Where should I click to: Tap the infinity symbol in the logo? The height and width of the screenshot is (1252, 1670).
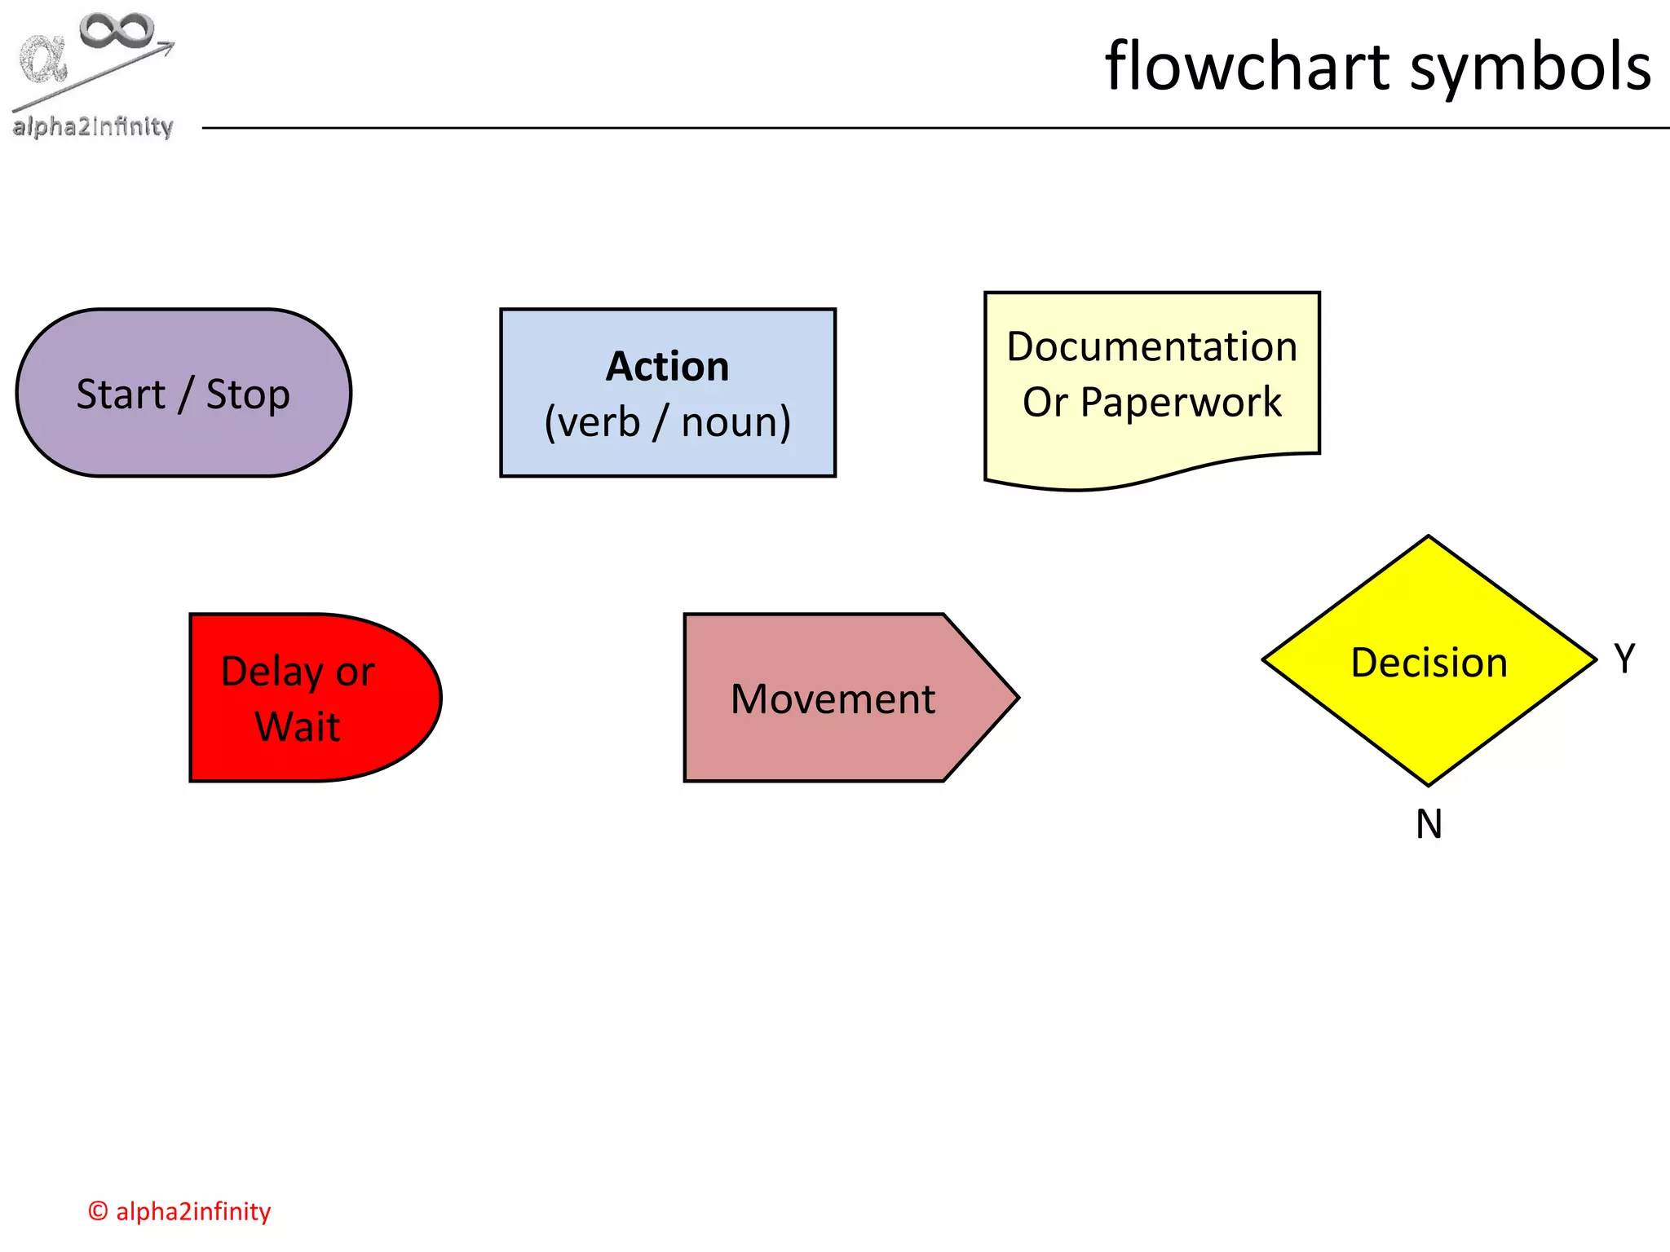(116, 31)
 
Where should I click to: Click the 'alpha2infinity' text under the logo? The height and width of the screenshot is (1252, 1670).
(93, 127)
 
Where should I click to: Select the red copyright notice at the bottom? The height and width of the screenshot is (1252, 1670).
(179, 1211)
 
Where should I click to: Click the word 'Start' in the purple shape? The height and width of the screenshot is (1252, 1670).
(121, 395)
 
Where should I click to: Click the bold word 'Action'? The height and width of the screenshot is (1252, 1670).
(667, 367)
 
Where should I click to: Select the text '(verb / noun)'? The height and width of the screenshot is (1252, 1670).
(667, 422)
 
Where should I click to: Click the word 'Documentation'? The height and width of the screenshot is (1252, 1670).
(1151, 347)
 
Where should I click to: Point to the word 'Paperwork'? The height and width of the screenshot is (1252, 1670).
(1181, 403)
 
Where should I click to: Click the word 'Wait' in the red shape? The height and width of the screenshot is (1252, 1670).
(297, 727)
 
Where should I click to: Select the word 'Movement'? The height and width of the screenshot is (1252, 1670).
(832, 699)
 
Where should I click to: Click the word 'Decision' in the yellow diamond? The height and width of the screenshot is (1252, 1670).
(1429, 662)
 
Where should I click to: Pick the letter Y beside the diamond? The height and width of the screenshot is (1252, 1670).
(1624, 659)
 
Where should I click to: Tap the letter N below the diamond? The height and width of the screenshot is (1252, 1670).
(1429, 824)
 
